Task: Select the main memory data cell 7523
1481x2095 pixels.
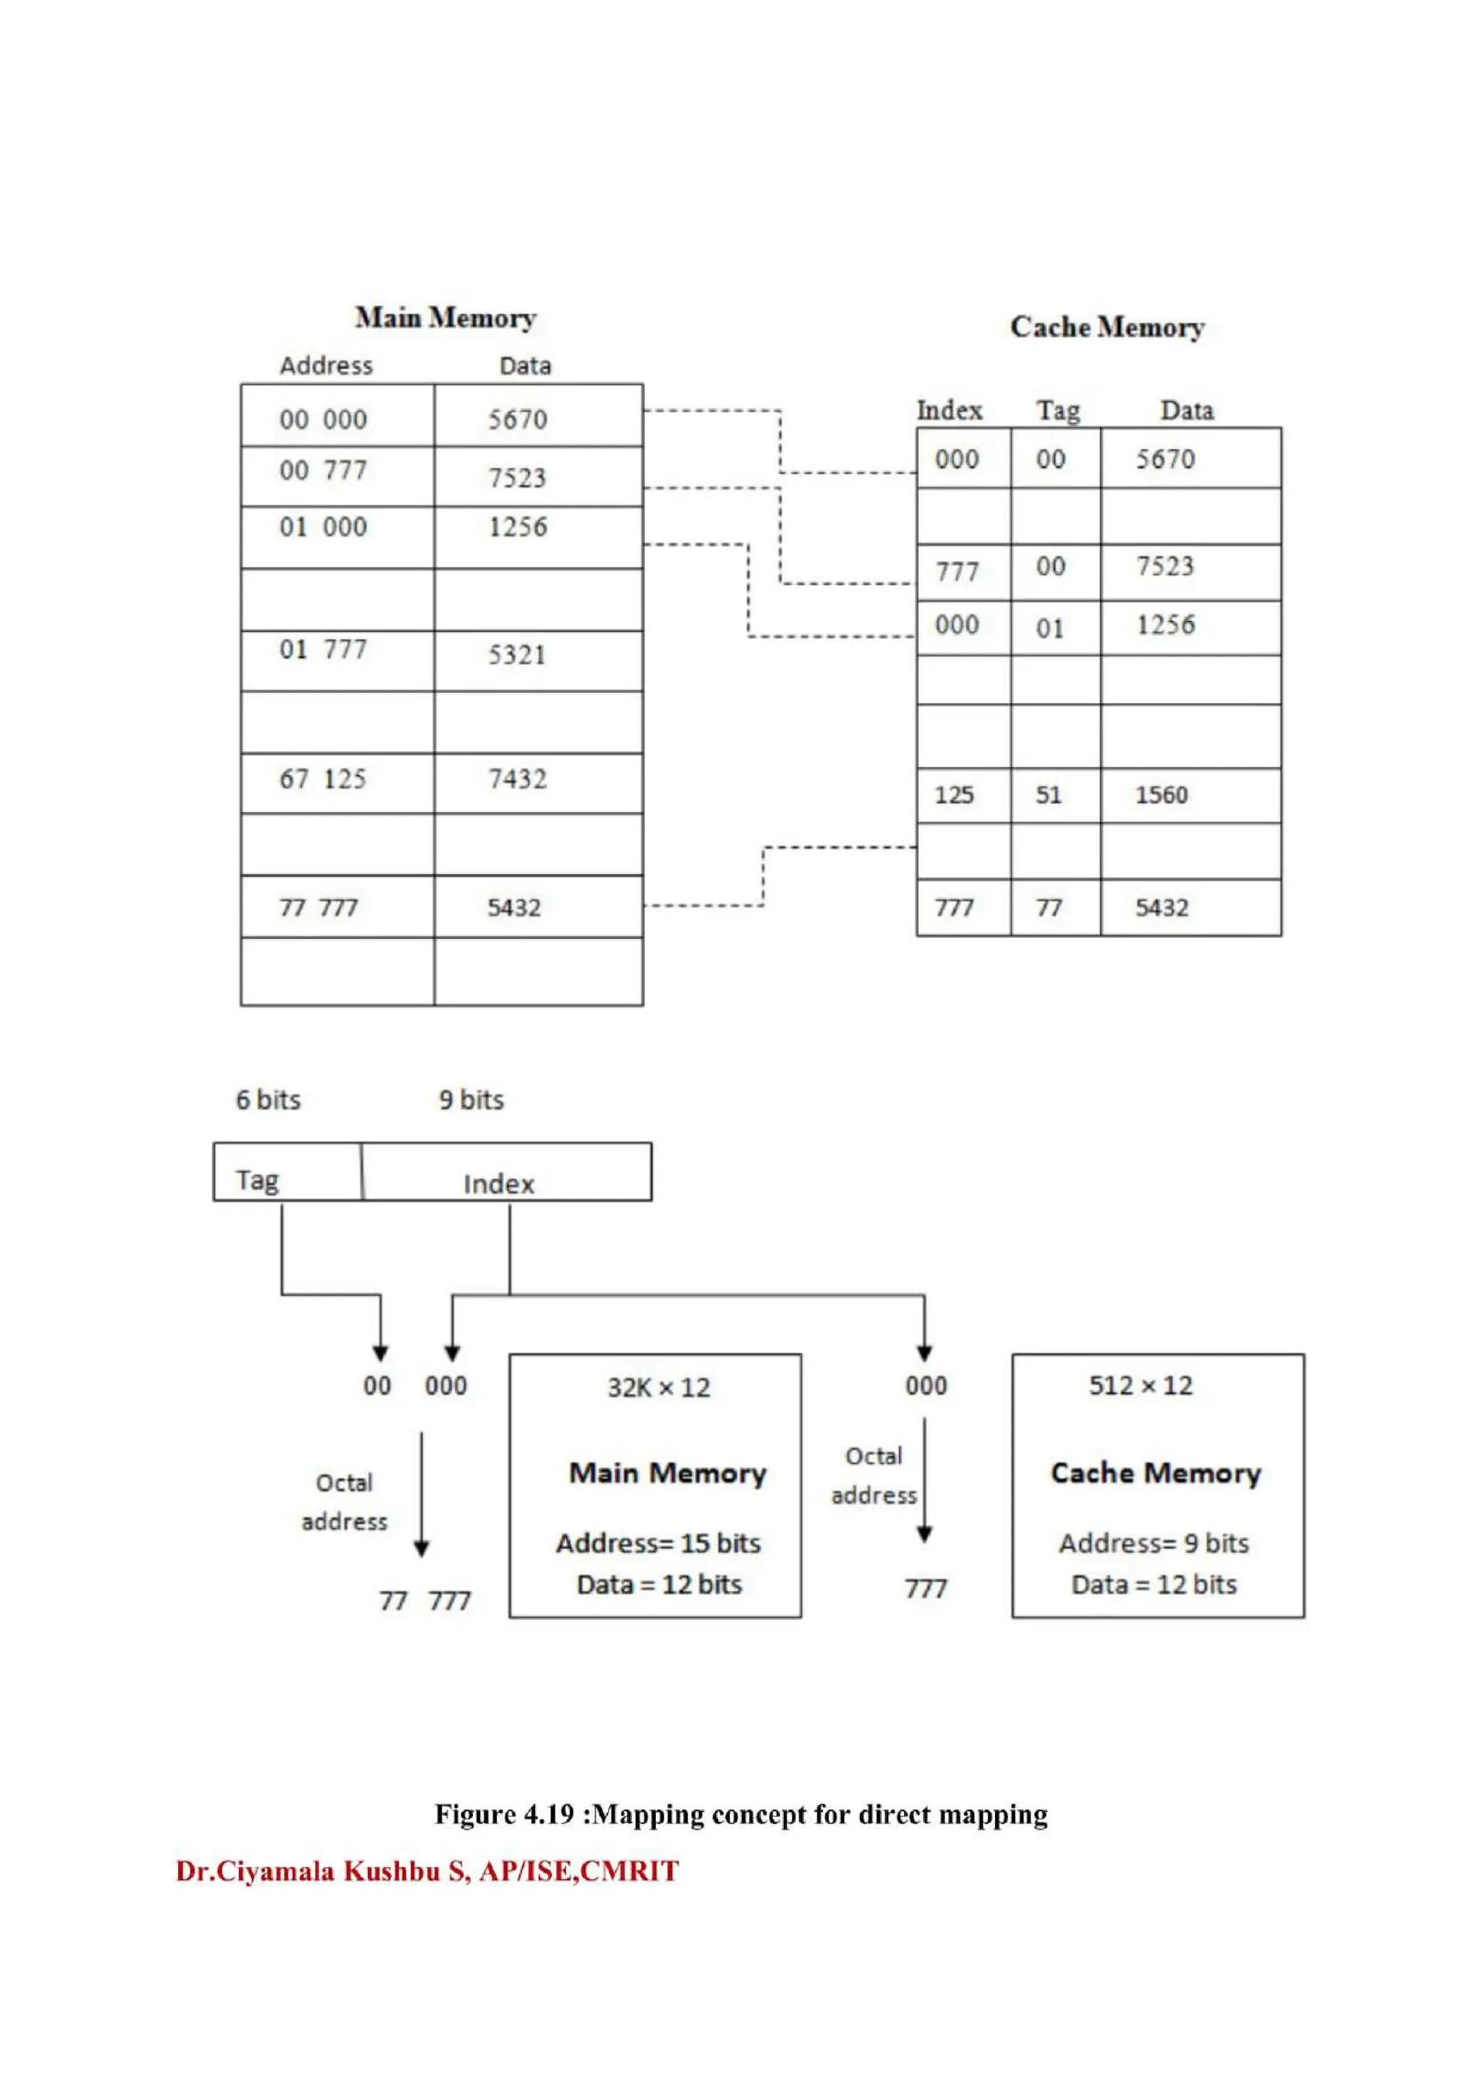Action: coord(516,477)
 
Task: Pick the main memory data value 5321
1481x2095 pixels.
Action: coord(516,654)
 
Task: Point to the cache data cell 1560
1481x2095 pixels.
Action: coord(1161,794)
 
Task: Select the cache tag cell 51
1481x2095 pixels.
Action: coord(1049,794)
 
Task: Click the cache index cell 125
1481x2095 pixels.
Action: coord(954,794)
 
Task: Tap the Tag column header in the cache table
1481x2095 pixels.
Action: coord(1057,411)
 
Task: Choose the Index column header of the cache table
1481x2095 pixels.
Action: coord(949,411)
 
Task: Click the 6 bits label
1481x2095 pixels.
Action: coord(268,1100)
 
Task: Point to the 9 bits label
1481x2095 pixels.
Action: coord(471,1100)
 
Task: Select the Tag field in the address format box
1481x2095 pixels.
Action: coord(257,1180)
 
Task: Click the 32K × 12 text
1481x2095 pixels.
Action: coord(659,1388)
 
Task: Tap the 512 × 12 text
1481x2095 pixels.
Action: coord(1140,1386)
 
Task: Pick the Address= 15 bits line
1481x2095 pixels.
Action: coord(658,1543)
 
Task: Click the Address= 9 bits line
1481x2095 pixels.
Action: coord(1153,1543)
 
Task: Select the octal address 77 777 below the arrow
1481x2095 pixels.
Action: coord(425,1601)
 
